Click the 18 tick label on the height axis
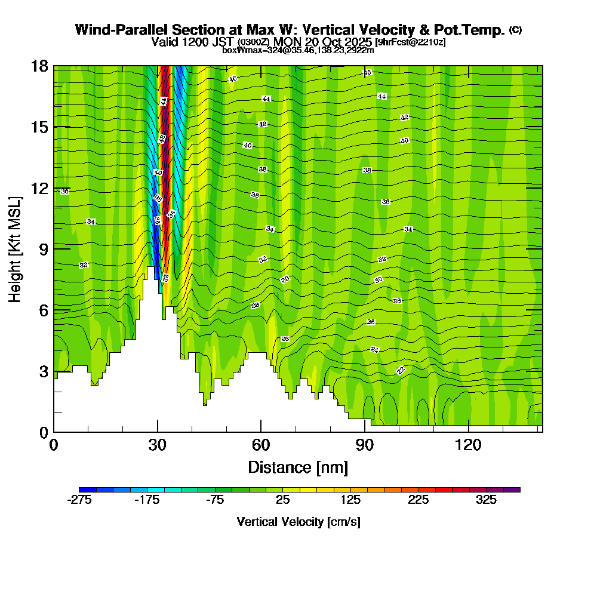pyautogui.click(x=39, y=66)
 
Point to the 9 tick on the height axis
pyautogui.click(x=54, y=248)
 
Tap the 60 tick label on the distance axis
pyautogui.click(x=261, y=445)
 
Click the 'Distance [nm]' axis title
pyautogui.click(x=298, y=466)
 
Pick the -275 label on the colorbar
pyautogui.click(x=79, y=500)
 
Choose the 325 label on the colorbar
pyautogui.click(x=486, y=500)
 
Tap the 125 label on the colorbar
pyautogui.click(x=350, y=500)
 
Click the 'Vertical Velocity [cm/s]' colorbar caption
pyautogui.click(x=298, y=522)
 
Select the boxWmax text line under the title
pyautogui.click(x=298, y=50)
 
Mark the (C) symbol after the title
pyautogui.click(x=515, y=29)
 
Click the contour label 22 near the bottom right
pyautogui.click(x=401, y=370)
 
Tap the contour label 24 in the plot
pyautogui.click(x=375, y=349)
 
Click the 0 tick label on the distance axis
pyautogui.click(x=54, y=445)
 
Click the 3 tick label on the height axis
pyautogui.click(x=44, y=371)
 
